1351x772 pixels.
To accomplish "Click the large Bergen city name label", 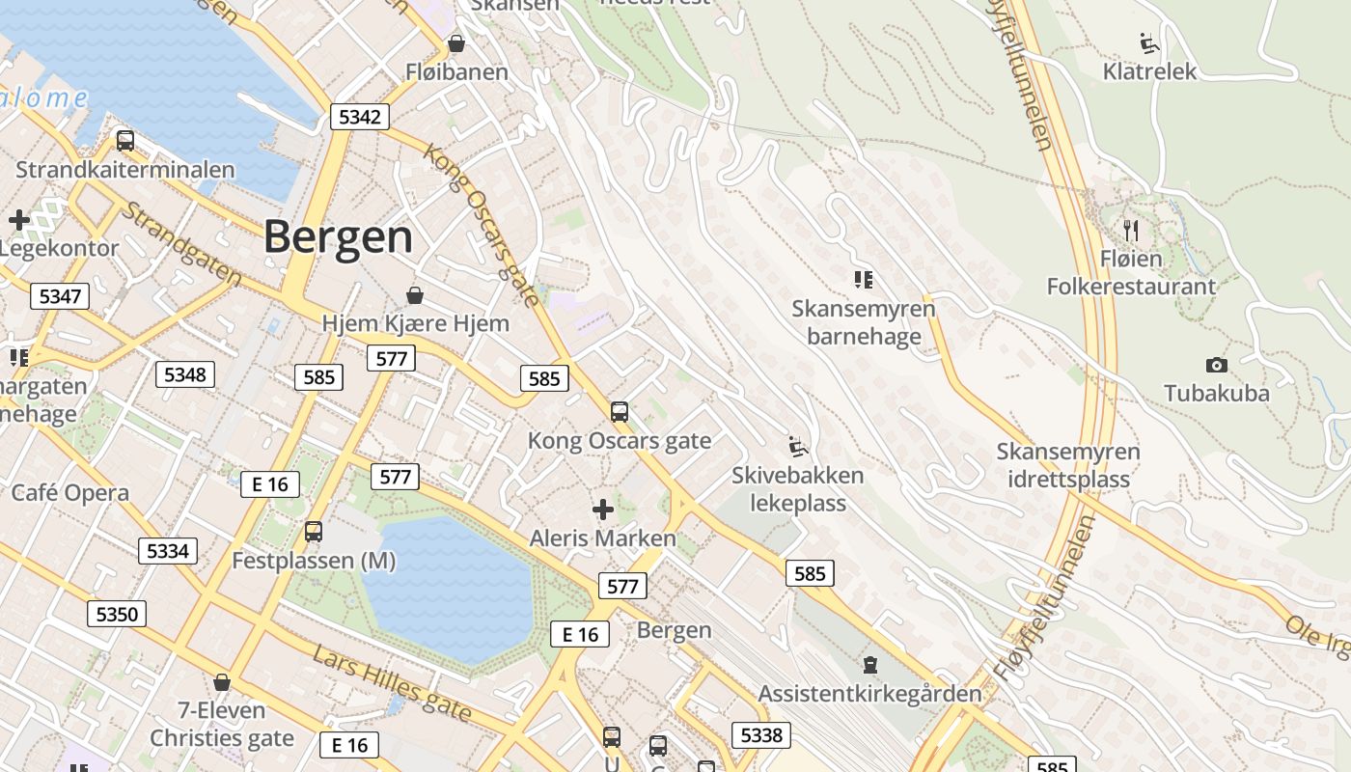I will (x=338, y=236).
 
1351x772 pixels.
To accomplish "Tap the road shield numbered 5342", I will (x=360, y=118).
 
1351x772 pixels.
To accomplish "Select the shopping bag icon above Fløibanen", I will (x=456, y=44).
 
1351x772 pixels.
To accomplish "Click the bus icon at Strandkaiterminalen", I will (x=125, y=141).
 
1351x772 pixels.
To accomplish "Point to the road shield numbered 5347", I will (x=60, y=296).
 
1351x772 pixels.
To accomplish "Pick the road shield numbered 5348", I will (x=184, y=374).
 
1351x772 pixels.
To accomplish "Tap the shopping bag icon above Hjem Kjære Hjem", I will (x=415, y=294).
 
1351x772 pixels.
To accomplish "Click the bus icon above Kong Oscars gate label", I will (x=620, y=412).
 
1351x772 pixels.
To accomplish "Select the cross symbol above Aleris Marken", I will (x=603, y=509).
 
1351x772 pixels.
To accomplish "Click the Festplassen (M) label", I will (x=314, y=561).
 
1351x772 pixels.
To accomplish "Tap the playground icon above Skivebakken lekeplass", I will (x=798, y=446).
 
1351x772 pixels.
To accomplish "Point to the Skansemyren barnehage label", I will (x=864, y=322).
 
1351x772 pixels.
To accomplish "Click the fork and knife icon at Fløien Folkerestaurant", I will (x=1132, y=230).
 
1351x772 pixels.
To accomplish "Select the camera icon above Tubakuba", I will (x=1217, y=365).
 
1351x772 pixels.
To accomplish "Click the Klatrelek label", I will (x=1149, y=71).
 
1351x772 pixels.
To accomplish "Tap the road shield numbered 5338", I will (x=760, y=735).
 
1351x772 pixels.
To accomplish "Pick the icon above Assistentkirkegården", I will (x=870, y=664).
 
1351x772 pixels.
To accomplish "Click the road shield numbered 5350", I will (x=117, y=614).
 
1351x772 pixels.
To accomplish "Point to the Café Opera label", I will (x=70, y=493).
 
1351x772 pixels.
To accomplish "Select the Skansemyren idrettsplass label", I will (x=1068, y=465).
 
